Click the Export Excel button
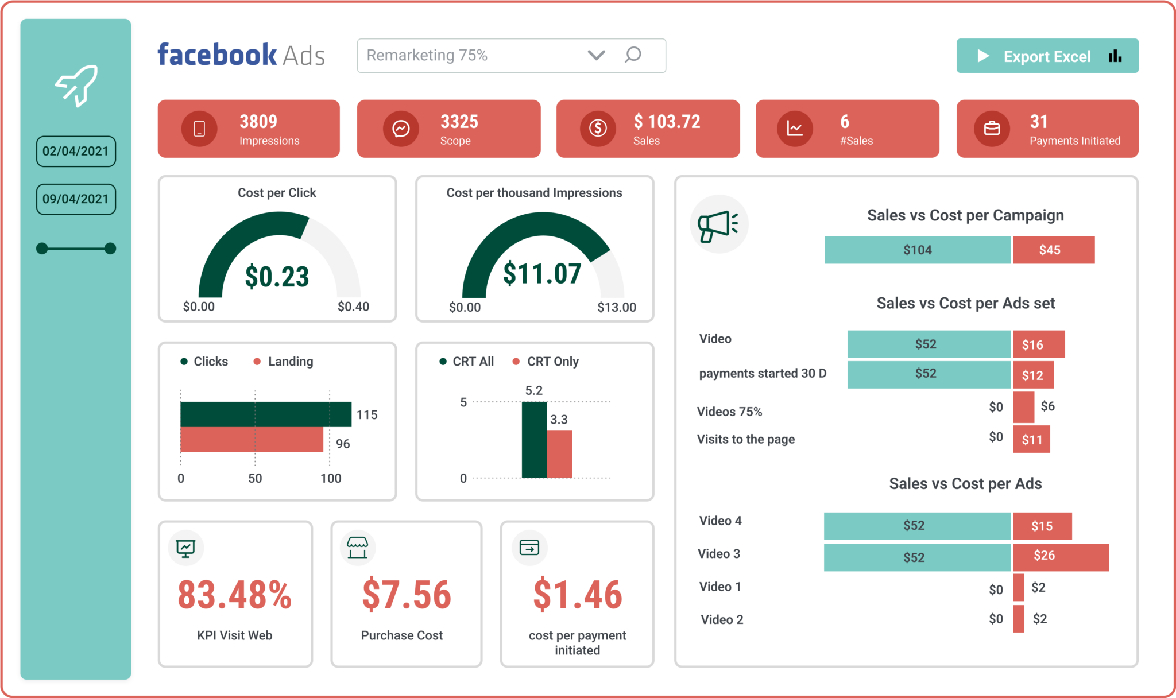(1047, 56)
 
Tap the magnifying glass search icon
(633, 55)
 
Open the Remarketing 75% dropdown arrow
(596, 55)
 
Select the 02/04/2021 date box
(76, 152)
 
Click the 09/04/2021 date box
(76, 199)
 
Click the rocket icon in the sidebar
(77, 86)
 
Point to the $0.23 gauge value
(277, 277)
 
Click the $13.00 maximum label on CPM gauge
(616, 307)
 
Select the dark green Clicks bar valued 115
(265, 414)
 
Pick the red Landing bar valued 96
(252, 440)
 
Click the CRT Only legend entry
(546, 362)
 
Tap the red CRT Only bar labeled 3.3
(559, 454)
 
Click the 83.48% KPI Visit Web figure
(235, 595)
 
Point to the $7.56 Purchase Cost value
(407, 595)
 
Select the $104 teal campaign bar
(917, 250)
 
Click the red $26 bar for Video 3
(1060, 557)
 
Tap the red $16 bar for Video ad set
(1038, 344)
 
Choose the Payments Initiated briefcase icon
(992, 129)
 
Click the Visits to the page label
(745, 439)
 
